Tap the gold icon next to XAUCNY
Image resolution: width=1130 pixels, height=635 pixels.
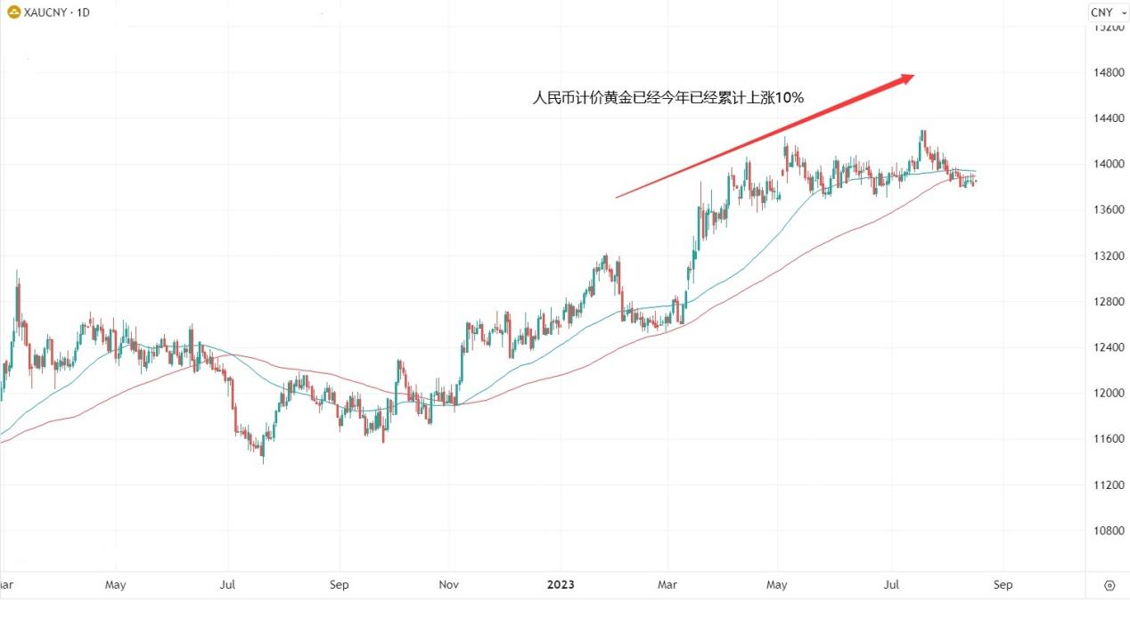(x=14, y=12)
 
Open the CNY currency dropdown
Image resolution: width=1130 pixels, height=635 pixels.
(x=1108, y=12)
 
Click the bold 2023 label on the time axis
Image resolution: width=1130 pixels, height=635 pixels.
(x=561, y=585)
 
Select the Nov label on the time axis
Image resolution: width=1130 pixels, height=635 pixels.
(x=449, y=585)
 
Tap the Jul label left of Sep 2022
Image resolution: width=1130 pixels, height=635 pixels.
(x=227, y=585)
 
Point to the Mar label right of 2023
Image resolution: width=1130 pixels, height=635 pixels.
(x=667, y=585)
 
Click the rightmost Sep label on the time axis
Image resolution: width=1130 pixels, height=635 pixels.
(x=1003, y=585)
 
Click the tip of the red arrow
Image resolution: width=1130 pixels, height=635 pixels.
(x=913, y=77)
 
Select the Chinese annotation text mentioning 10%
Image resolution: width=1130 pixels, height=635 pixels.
(x=668, y=98)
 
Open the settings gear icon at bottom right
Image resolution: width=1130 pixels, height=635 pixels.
(x=1110, y=585)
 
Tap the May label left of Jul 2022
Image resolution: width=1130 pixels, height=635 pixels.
(x=116, y=585)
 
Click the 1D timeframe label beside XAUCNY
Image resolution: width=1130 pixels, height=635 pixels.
(x=83, y=12)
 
